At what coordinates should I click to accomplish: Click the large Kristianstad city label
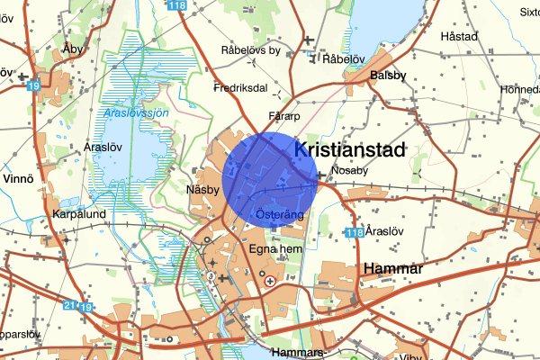coord(350,149)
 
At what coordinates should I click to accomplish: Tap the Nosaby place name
coord(350,169)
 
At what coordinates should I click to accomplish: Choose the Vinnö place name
coord(17,179)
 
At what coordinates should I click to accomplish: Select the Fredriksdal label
coord(242,88)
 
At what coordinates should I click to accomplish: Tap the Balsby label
coord(389,76)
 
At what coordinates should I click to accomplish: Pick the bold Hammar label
coord(392,268)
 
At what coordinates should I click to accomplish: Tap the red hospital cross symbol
coord(270,282)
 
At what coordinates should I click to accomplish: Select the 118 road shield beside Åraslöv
coord(354,233)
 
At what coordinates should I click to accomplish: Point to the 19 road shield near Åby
coord(33,85)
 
